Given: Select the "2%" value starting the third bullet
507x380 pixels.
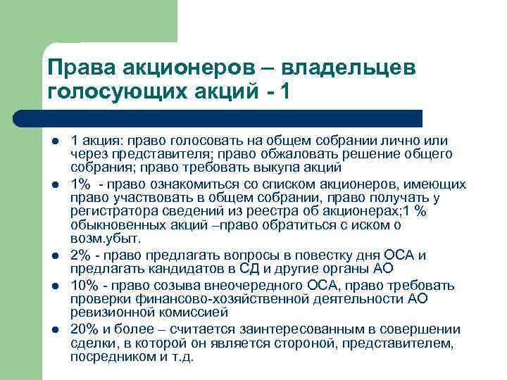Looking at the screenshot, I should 82,255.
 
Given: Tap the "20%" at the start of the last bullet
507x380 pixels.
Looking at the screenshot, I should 85,329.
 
